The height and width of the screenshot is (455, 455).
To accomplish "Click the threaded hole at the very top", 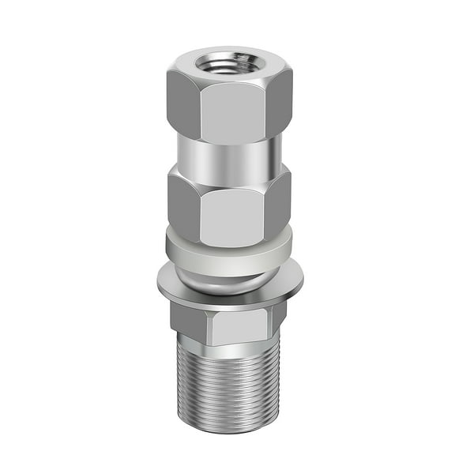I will coord(229,62).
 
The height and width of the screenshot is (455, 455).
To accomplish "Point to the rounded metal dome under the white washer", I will coord(229,276).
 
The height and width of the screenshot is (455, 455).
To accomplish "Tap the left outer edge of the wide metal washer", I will coord(160,283).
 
